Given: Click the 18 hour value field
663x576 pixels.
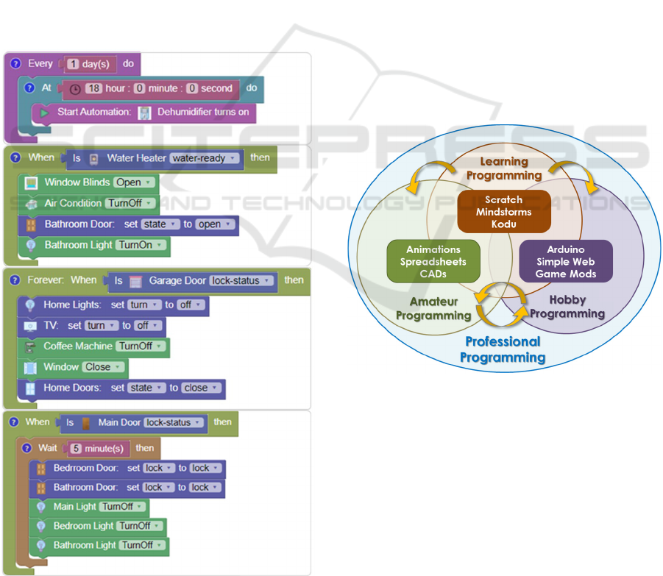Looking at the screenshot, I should click(x=93, y=88).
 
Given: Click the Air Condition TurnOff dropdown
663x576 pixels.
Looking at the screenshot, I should click(x=131, y=203).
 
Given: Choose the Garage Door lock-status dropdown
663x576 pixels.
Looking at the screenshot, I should click(x=242, y=280).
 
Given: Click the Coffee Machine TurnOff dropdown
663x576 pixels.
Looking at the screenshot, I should click(x=142, y=346).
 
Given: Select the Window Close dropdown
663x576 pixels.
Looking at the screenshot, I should click(x=104, y=367).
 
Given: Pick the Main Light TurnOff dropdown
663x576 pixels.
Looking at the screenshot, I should click(x=124, y=507).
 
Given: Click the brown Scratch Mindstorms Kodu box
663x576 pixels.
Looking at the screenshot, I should click(x=504, y=211).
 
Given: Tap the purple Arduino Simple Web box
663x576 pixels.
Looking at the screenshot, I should click(x=566, y=261).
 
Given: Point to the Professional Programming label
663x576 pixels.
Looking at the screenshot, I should click(x=503, y=349).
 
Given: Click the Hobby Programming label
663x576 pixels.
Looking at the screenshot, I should click(x=567, y=307).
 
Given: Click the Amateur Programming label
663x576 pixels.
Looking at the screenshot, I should click(x=433, y=308).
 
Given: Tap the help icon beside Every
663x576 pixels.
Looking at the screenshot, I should click(x=15, y=64).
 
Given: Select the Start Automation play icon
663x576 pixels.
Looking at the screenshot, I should click(x=44, y=113).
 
